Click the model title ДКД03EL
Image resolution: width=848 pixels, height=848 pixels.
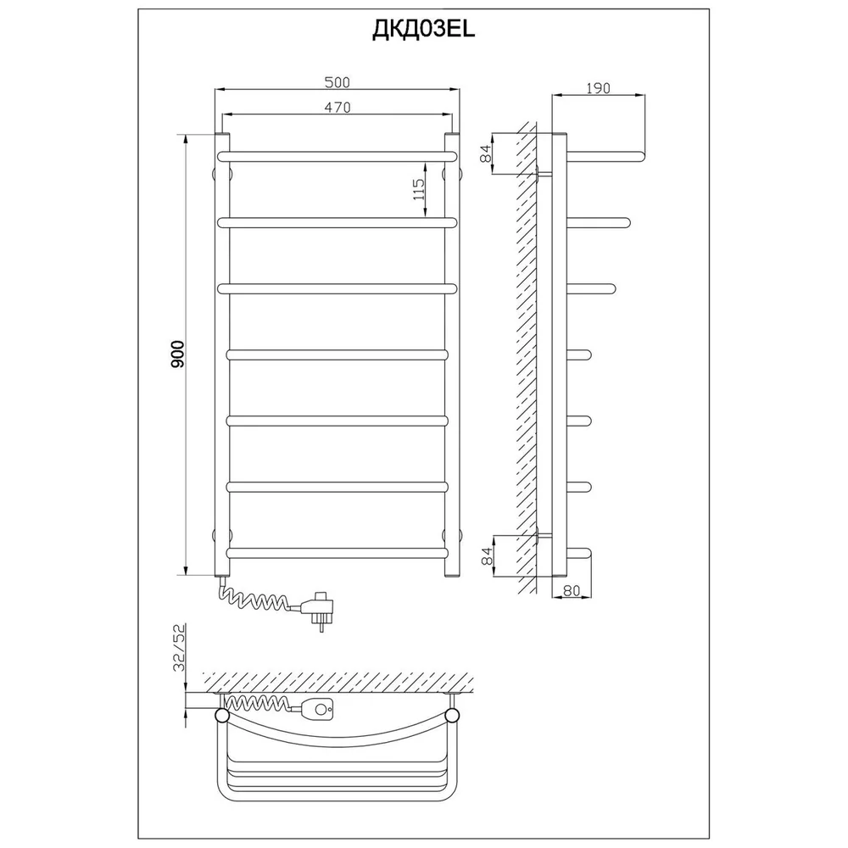[x=423, y=30]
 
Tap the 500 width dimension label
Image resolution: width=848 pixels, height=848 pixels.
[x=337, y=82]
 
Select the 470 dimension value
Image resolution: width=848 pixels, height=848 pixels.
[x=337, y=108]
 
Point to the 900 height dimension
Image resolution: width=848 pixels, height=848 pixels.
[x=177, y=354]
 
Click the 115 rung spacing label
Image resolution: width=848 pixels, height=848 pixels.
[x=419, y=189]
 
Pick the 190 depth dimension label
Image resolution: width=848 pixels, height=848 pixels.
[x=598, y=87]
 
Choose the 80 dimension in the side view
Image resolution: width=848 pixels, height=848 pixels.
[x=571, y=590]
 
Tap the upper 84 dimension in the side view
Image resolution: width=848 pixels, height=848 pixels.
[x=488, y=153]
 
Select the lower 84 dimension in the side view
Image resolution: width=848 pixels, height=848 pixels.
[x=488, y=556]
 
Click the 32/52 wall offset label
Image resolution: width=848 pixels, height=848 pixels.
[x=179, y=647]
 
